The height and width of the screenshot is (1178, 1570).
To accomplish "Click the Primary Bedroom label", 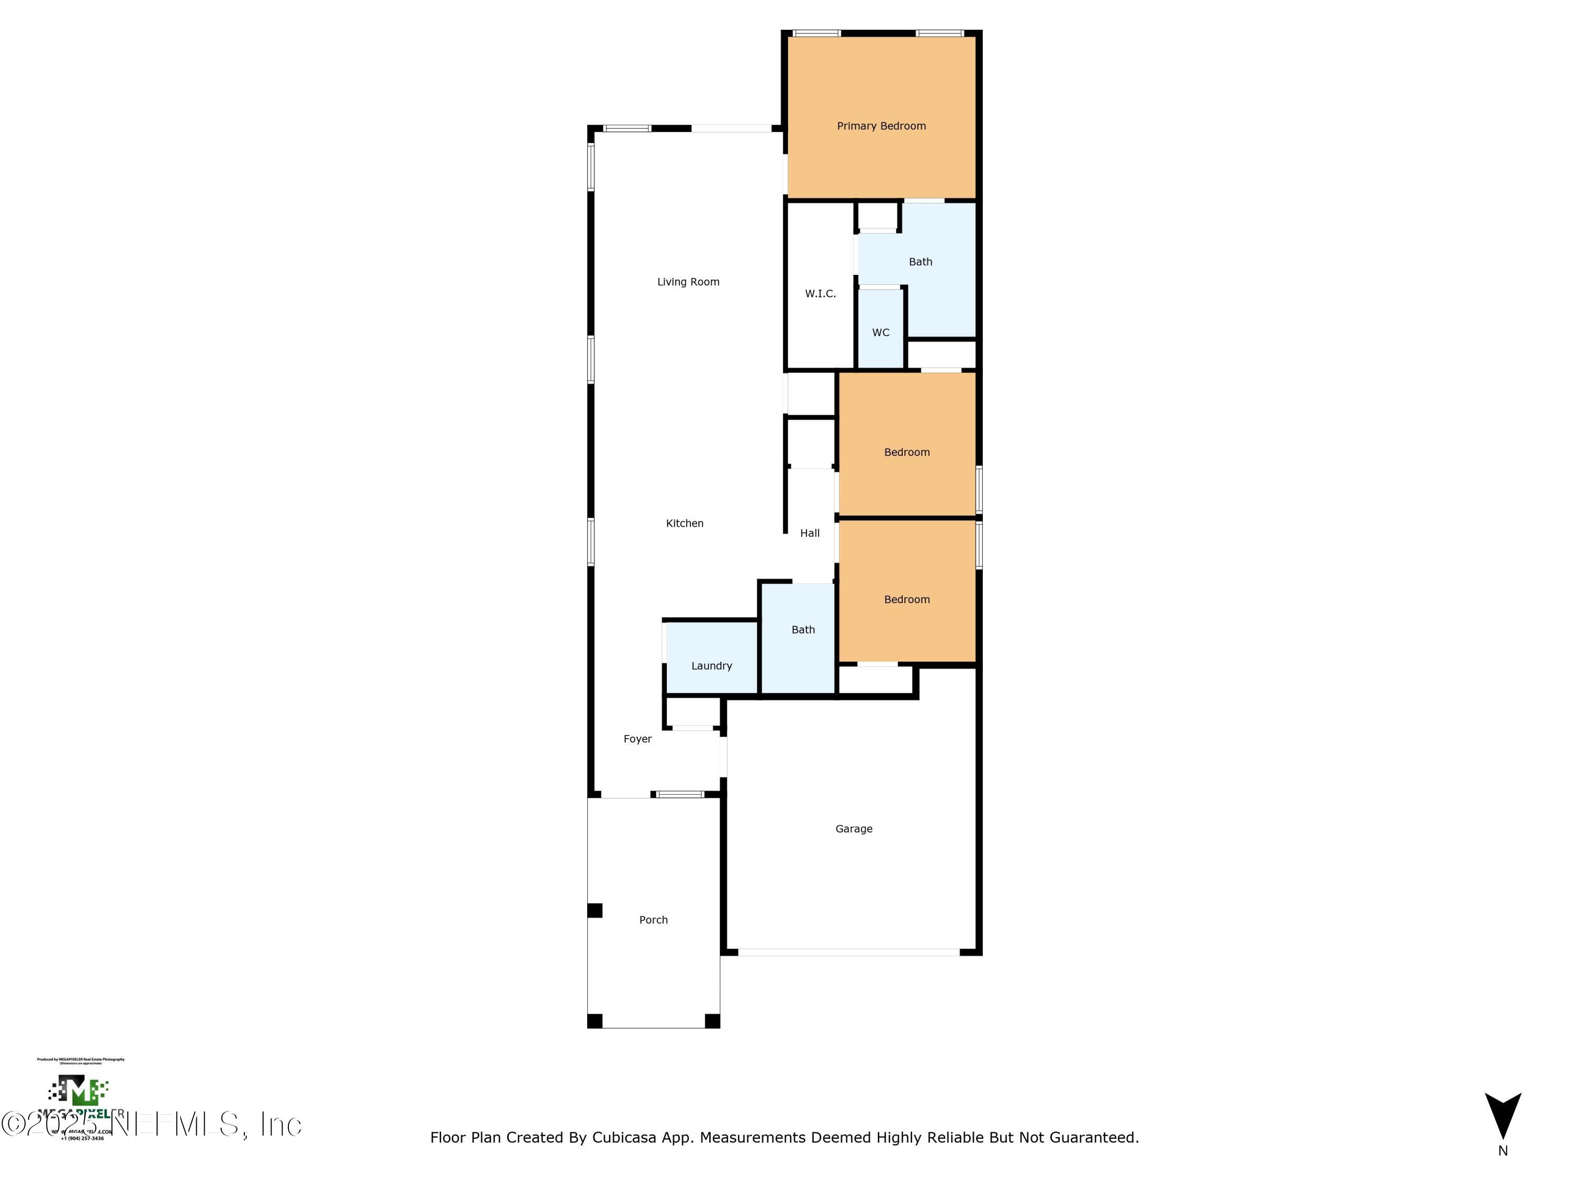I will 881,126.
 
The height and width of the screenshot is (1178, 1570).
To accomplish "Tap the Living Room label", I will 688,282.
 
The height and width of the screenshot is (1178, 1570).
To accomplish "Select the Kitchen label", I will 684,524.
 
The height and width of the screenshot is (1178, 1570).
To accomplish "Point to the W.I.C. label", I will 820,294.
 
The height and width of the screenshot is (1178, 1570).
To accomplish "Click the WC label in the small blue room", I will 880,332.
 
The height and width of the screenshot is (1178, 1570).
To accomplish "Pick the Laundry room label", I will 711,666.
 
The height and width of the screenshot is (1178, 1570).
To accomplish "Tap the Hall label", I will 809,534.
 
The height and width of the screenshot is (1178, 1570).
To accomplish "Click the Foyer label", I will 637,739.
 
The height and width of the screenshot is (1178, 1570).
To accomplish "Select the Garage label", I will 853,829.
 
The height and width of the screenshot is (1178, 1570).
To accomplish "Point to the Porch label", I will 653,919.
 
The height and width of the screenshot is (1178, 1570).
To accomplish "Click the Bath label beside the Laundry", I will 803,630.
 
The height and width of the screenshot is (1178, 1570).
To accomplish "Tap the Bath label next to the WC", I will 920,262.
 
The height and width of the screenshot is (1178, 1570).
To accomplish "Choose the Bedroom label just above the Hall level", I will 906,452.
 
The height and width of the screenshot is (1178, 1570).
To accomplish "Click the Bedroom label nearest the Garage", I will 906,599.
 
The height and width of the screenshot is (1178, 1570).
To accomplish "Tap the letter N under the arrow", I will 1502,1151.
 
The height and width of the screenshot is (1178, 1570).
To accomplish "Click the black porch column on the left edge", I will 595,910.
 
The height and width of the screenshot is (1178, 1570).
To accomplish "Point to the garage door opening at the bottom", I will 848,952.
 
